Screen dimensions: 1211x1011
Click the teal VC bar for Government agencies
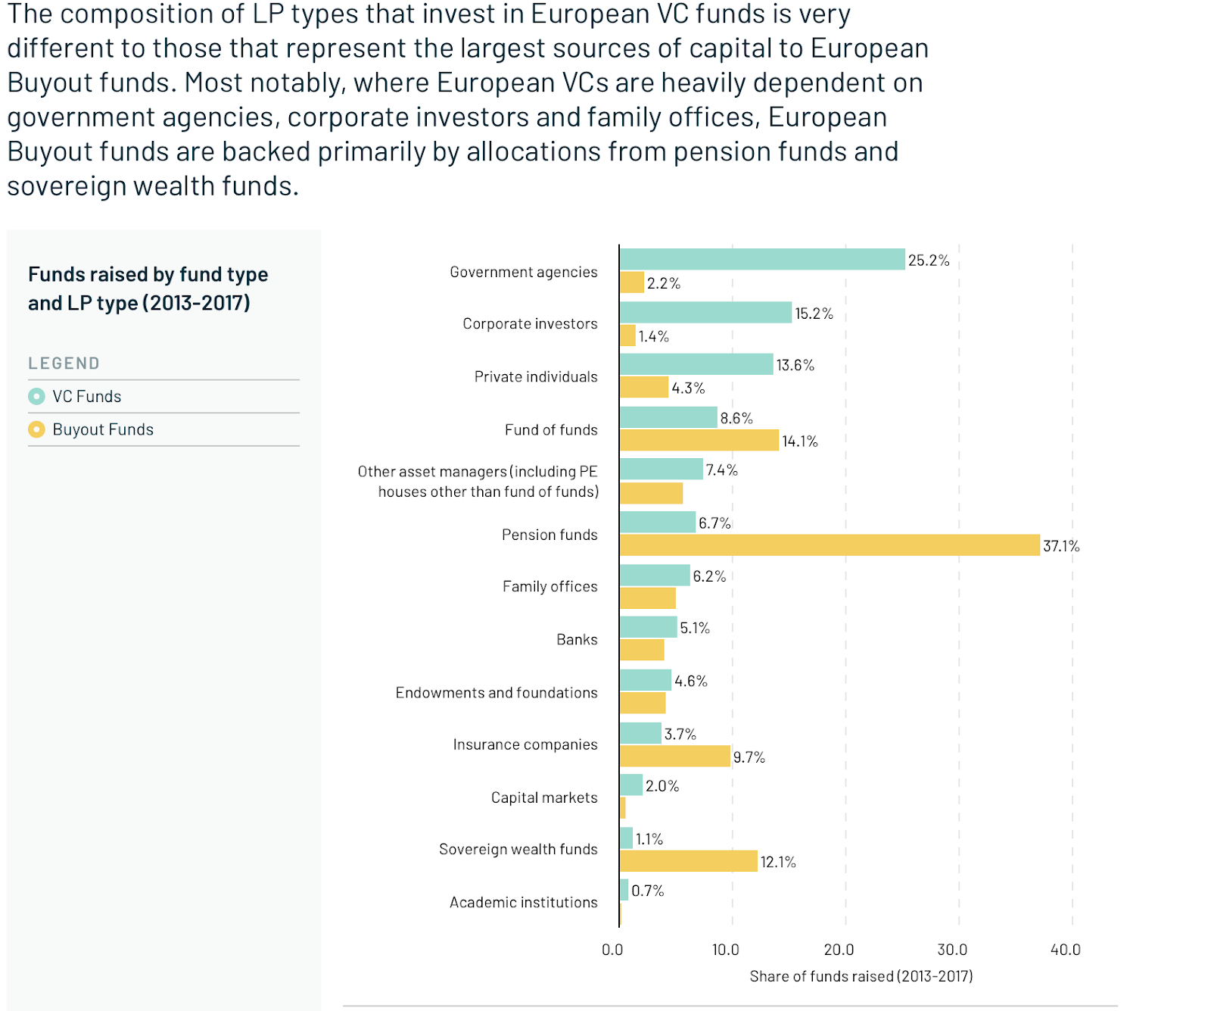pos(762,259)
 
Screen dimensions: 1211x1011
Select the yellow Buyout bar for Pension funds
pos(830,545)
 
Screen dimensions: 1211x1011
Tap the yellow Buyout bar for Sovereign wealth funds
pos(689,861)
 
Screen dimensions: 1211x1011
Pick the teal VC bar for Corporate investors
pos(706,312)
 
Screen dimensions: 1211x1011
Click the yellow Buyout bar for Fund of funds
pos(699,440)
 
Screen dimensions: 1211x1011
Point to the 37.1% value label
pos(1061,546)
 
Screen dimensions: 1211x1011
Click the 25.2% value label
pos(929,261)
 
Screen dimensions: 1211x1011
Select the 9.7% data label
pos(749,757)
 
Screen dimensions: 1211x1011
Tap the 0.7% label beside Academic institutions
pos(648,891)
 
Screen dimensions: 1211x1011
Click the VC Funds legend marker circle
pos(36,396)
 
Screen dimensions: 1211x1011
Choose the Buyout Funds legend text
pos(103,429)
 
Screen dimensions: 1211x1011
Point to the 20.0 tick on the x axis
pos(839,950)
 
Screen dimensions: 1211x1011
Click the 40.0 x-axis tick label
pos(1066,950)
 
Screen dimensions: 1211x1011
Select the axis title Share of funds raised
pos(861,976)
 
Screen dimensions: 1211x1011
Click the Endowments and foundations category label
pos(497,692)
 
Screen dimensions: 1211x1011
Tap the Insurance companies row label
pos(525,744)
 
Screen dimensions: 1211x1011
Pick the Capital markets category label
pos(544,797)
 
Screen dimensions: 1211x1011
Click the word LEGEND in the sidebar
pos(64,364)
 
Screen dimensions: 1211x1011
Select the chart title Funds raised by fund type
pos(148,274)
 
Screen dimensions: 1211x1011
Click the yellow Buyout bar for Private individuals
pos(644,387)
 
